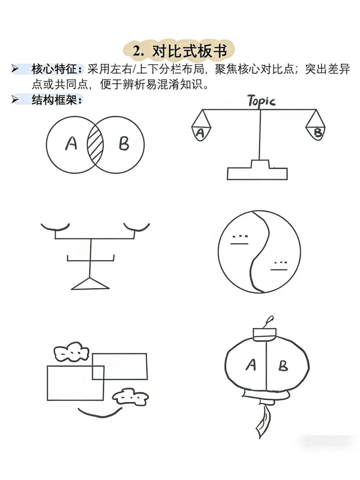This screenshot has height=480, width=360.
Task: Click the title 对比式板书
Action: tap(189, 51)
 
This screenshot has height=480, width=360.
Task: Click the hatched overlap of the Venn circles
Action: tap(95, 145)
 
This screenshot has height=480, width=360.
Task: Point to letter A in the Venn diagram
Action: tap(71, 143)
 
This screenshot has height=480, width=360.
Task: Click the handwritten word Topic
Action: tap(261, 101)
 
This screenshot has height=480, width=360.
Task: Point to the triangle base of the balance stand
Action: tap(90, 284)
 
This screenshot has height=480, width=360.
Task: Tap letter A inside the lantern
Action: tap(250, 365)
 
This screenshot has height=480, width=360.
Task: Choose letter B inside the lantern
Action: tap(283, 366)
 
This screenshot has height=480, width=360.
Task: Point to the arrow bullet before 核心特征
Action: tap(15, 69)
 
